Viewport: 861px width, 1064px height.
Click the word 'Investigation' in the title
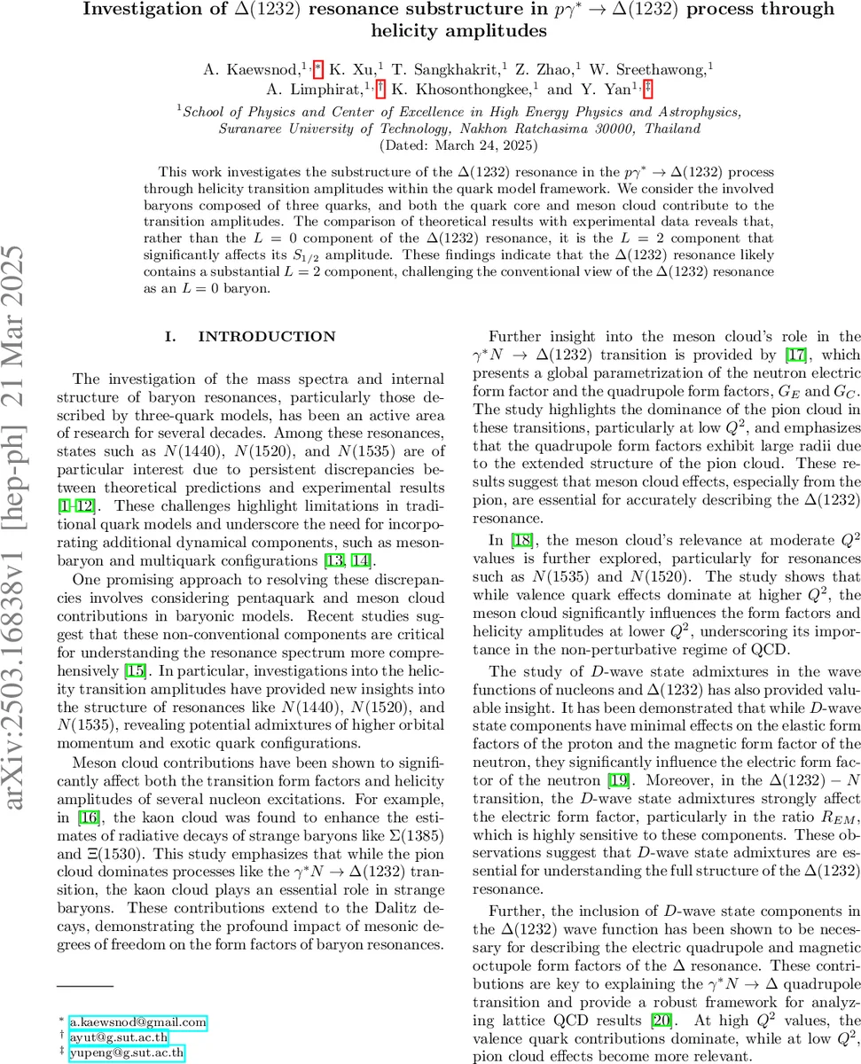click(x=141, y=10)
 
